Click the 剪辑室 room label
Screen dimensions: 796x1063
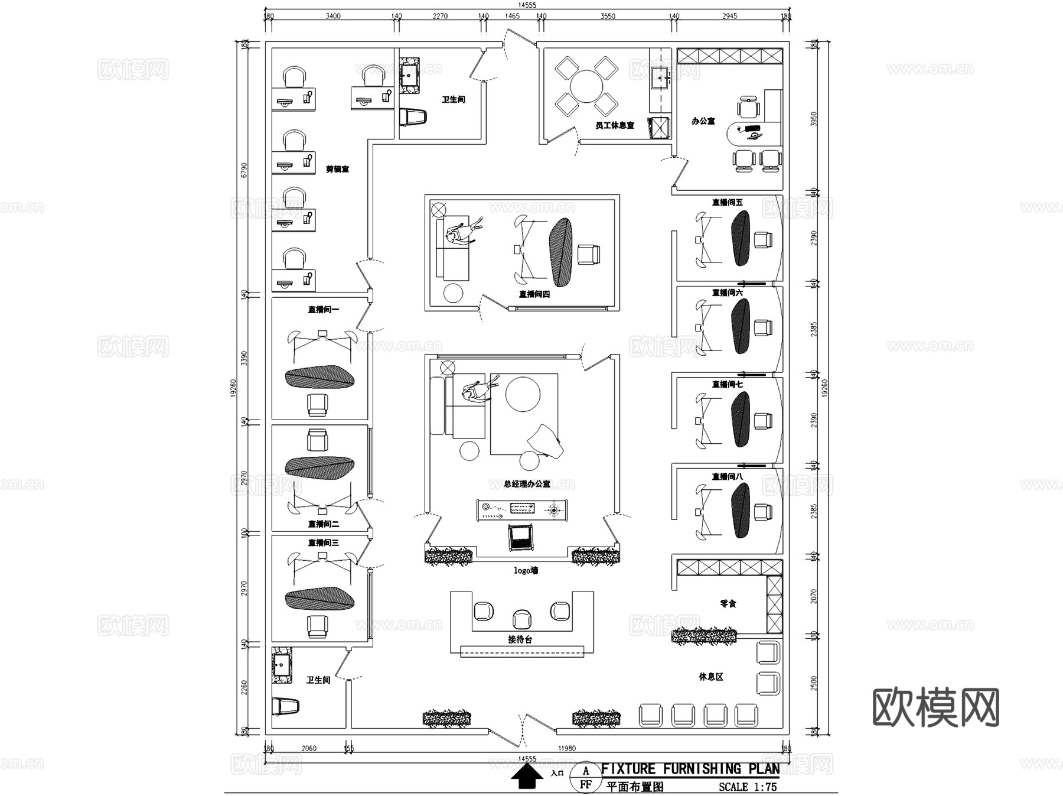(337, 169)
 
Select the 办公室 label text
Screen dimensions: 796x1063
(703, 121)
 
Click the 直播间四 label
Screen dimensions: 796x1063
(534, 294)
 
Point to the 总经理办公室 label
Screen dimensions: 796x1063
(526, 484)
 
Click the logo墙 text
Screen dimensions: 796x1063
(526, 570)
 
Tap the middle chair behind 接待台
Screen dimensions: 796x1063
(522, 619)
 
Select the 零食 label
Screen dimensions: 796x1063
(728, 603)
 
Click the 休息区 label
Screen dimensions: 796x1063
(710, 677)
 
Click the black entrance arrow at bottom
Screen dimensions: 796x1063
(526, 776)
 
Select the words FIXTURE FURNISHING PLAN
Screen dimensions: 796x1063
(690, 769)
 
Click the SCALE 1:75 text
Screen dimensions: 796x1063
(747, 787)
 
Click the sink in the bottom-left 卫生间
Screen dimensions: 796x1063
(282, 665)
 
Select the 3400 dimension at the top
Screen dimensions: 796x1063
(333, 16)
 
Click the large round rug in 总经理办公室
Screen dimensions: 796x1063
(522, 394)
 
